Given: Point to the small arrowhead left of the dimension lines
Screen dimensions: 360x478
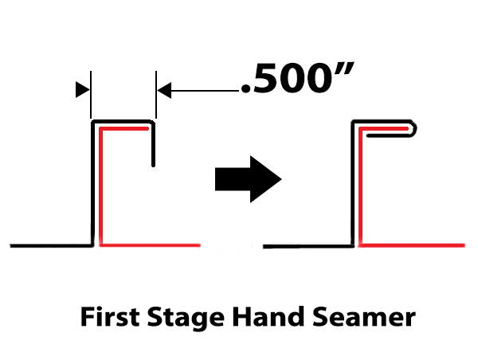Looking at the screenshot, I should pos(81,91).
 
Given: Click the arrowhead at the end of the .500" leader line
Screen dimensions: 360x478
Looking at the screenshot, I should pos(163,91).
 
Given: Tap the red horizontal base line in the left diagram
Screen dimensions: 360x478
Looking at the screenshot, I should pos(151,245).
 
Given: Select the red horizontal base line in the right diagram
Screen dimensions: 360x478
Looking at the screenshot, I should pos(414,244).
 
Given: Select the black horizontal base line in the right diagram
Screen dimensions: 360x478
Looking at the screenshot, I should pos(307,244).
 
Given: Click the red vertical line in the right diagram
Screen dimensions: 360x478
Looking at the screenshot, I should pos(360,191).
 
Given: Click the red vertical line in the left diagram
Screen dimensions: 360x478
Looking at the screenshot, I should pos(101,191).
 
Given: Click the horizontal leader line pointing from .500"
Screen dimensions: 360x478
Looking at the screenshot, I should pos(203,91).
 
